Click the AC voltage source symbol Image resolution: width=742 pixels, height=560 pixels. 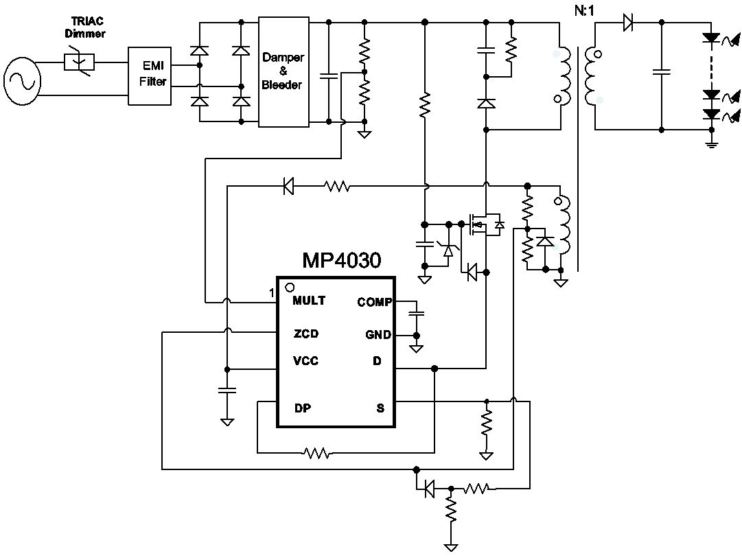(x=22, y=81)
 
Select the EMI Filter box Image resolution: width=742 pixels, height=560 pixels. (x=150, y=75)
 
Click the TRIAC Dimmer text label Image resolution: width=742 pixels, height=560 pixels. (x=85, y=27)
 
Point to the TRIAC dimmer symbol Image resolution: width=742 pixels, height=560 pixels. (x=79, y=62)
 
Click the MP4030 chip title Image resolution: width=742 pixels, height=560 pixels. (x=342, y=261)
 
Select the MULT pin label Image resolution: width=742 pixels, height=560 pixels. (x=309, y=301)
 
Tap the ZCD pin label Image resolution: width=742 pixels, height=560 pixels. (x=306, y=334)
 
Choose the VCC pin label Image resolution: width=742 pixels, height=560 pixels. (x=305, y=362)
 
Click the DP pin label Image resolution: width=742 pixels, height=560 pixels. (x=303, y=408)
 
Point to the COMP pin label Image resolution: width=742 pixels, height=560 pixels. (x=374, y=302)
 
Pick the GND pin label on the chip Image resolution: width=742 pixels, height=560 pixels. (x=378, y=335)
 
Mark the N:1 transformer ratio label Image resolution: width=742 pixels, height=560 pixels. (x=584, y=10)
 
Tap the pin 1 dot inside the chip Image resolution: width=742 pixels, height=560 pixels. (x=290, y=287)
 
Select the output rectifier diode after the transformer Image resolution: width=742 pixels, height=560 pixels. (x=629, y=22)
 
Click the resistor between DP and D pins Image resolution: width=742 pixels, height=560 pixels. (x=317, y=453)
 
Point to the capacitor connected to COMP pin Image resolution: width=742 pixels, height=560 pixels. (x=417, y=313)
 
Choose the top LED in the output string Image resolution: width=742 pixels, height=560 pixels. (x=711, y=38)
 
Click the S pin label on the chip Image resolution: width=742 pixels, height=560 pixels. (x=380, y=408)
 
